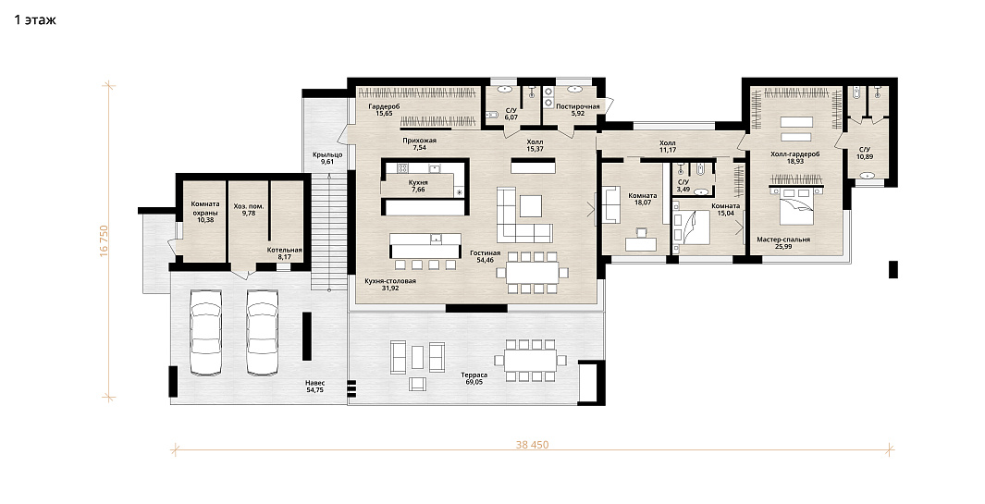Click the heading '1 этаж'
pyautogui.click(x=35, y=19)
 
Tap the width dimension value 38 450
pyautogui.click(x=532, y=445)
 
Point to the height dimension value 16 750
pyautogui.click(x=105, y=240)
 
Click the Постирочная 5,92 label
pyautogui.click(x=578, y=111)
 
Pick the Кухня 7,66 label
pyautogui.click(x=418, y=186)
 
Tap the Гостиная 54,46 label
pyautogui.click(x=485, y=256)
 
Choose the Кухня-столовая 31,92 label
pyautogui.click(x=390, y=285)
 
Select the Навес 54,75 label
pyautogui.click(x=315, y=387)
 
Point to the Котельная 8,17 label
pyautogui.click(x=284, y=253)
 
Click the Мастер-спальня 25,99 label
pyautogui.click(x=783, y=242)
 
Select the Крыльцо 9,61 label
pyautogui.click(x=327, y=158)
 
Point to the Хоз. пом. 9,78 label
pyautogui.click(x=248, y=210)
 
